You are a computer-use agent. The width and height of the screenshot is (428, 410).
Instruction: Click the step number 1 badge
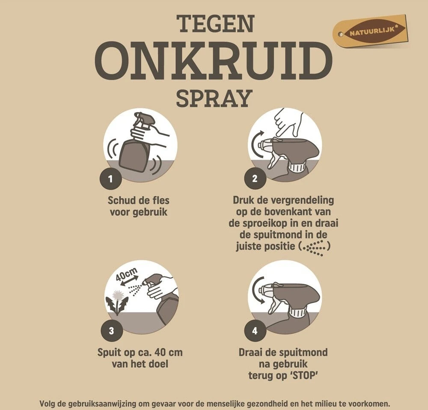[x=110, y=179]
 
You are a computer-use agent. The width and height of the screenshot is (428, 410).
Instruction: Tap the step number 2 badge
[x=255, y=179]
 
